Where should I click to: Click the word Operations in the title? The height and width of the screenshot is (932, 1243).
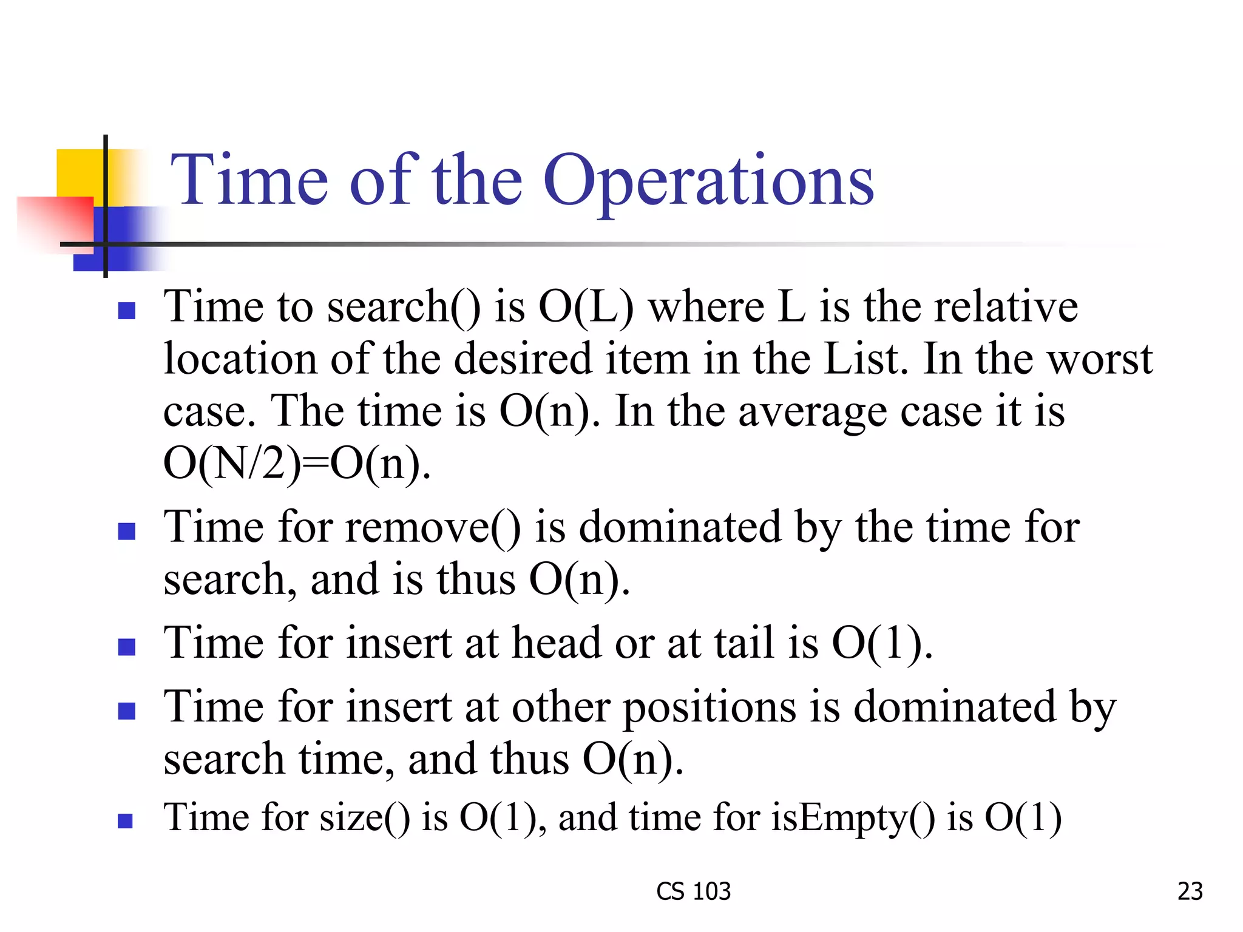point(708,180)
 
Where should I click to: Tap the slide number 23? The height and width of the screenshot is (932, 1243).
point(1190,891)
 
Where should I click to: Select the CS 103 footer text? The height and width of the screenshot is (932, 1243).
point(693,891)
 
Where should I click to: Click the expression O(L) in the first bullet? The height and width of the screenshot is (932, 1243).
point(586,306)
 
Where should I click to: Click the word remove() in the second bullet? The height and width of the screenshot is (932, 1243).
point(433,527)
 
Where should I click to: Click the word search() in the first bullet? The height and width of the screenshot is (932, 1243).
point(404,306)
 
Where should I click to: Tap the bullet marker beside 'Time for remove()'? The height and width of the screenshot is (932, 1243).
point(126,532)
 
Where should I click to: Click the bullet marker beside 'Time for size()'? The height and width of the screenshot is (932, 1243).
point(126,821)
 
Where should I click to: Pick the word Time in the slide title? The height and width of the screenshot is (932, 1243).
point(249,180)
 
